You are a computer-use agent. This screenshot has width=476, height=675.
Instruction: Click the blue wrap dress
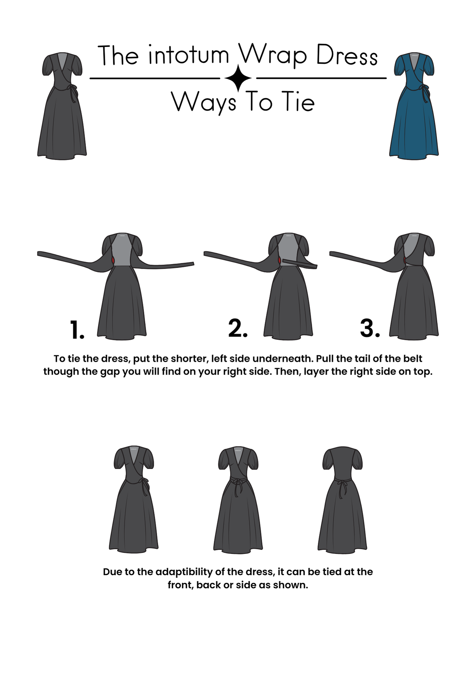point(414,106)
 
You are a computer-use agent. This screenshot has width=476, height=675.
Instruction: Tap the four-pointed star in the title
point(238,78)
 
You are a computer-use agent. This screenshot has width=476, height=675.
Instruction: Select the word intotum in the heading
point(189,55)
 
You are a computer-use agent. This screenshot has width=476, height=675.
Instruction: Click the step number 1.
point(77,330)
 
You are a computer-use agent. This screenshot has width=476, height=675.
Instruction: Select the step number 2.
point(238,328)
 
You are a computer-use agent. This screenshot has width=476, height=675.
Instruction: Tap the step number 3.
point(370,328)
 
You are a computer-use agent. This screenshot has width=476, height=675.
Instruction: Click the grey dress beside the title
point(62,106)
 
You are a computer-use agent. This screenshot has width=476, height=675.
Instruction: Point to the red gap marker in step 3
point(405,260)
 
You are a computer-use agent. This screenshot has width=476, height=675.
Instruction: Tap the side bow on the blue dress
point(424,92)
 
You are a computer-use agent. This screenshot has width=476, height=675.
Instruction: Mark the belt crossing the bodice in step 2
point(299,264)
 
